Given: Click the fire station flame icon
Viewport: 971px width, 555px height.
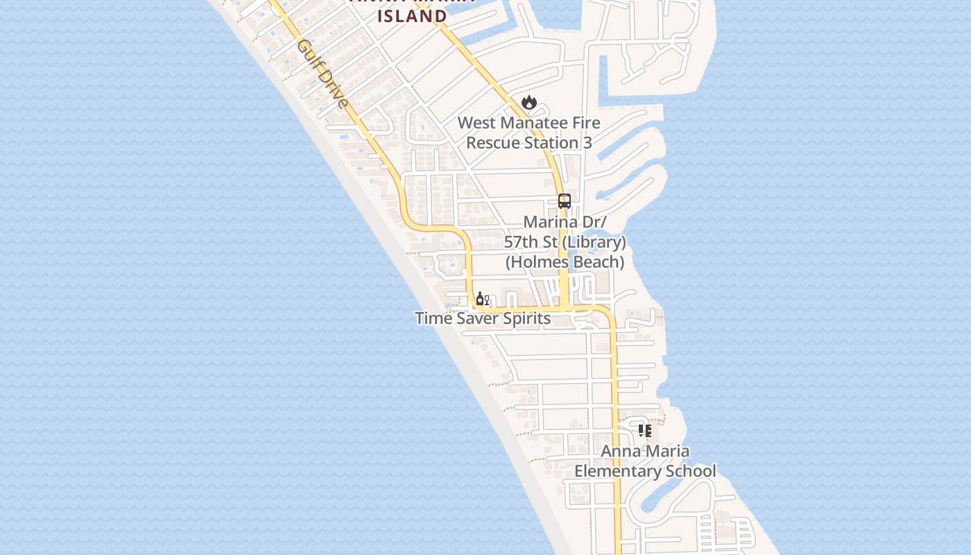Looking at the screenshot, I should [529, 103].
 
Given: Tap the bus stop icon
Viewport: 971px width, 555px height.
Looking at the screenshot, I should [565, 201].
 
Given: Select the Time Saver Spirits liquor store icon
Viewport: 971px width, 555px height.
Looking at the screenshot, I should [482, 300].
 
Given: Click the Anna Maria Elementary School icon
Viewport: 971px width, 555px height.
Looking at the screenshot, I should [645, 431].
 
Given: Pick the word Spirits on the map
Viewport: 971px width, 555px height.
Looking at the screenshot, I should [529, 318].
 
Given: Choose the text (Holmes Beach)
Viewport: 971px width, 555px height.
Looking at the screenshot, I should [565, 262].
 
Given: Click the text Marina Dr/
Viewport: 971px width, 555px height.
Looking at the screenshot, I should [565, 223].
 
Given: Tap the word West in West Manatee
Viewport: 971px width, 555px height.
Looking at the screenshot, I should [477, 123].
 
